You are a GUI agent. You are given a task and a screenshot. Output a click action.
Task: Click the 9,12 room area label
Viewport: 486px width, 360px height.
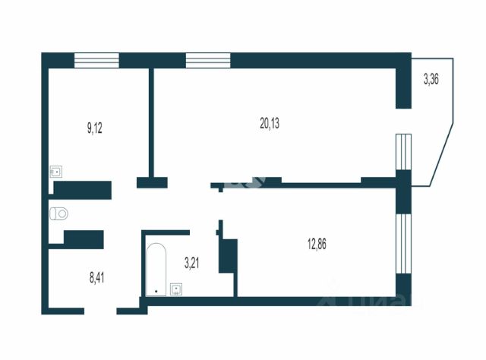tap(95, 128)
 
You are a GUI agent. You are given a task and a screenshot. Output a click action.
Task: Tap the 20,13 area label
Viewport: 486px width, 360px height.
tap(270, 124)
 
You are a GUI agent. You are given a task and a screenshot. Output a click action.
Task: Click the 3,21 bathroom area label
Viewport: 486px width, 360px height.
tap(193, 263)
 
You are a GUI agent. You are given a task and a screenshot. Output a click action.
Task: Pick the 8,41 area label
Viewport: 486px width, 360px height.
tap(97, 277)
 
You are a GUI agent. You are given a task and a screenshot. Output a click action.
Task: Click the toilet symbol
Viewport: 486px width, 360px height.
tap(58, 213)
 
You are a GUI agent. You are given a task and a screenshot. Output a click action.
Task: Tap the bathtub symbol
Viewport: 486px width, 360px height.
tap(156, 269)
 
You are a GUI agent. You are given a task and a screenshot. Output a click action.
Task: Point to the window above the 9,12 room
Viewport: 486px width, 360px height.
tap(96, 60)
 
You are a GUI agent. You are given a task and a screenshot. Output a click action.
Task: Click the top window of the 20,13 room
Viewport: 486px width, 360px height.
tap(207, 60)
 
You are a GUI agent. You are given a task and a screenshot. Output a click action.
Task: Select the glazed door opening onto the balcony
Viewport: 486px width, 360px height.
tap(404, 153)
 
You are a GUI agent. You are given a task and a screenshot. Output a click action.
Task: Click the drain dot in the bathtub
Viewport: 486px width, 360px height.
tap(156, 291)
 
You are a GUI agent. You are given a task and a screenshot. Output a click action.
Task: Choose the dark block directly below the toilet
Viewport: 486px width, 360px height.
tap(83, 238)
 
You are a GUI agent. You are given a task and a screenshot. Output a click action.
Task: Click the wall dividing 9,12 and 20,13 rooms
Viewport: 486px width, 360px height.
tap(152, 122)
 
